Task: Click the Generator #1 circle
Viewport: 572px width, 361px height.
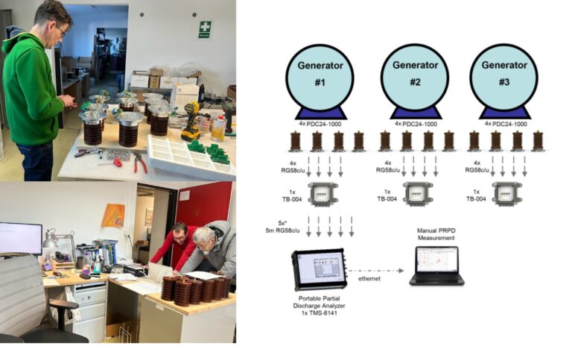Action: coord(320,77)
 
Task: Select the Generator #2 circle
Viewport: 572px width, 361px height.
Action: coord(415,77)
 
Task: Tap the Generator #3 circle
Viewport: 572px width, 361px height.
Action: coord(503,77)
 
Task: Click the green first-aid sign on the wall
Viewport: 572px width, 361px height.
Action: coord(205,30)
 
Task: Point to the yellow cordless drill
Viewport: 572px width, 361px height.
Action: coord(191,122)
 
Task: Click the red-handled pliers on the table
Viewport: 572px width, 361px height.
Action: coord(140,163)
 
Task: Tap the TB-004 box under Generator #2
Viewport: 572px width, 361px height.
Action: coord(418,194)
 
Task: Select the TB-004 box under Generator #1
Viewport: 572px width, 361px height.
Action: coord(322,194)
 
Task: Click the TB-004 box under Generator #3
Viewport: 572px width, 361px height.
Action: coord(507,194)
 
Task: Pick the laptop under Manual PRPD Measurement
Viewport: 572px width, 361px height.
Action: coord(436,266)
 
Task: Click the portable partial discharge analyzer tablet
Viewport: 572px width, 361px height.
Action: coord(319,269)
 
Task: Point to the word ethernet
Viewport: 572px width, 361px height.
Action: coord(369,278)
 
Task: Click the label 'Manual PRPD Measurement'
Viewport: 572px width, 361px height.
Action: coord(436,234)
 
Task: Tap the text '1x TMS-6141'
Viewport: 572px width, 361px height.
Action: coord(320,313)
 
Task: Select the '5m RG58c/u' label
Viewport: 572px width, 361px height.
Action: coord(283,230)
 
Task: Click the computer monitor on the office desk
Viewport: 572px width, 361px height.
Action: coord(21,238)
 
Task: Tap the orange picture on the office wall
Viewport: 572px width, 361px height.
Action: coord(113,216)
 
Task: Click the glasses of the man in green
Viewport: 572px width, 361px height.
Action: coord(61,29)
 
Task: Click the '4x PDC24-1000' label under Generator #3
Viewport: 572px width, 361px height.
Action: coord(506,124)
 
